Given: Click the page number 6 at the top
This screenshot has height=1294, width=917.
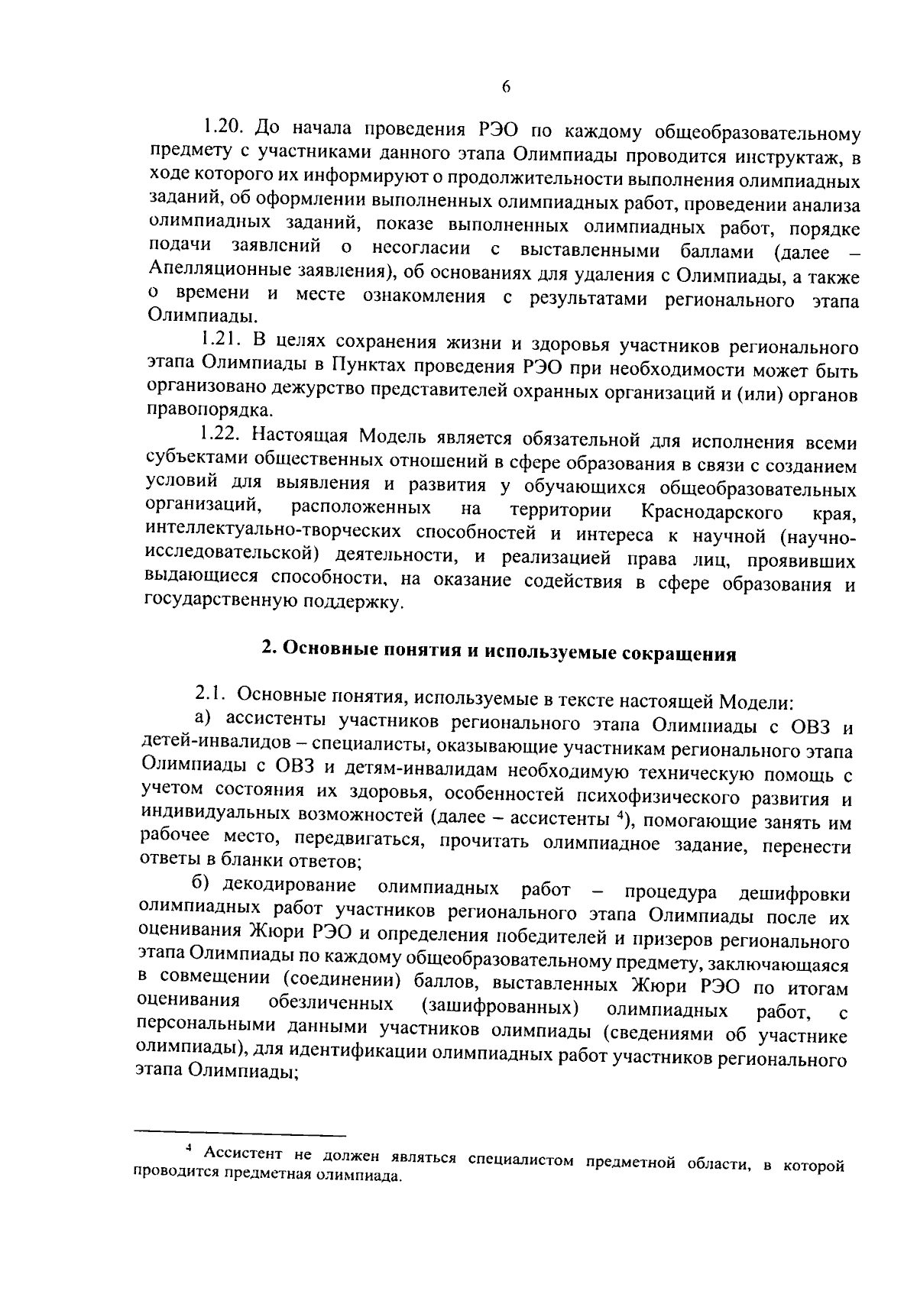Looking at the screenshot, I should (x=506, y=87).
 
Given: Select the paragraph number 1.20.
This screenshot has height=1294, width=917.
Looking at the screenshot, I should (x=223, y=125).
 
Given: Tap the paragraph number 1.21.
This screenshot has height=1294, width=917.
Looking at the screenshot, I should (x=221, y=339).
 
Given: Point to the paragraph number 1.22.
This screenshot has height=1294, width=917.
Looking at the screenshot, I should (x=221, y=435).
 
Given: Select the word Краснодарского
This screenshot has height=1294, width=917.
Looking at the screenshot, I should (x=711, y=510).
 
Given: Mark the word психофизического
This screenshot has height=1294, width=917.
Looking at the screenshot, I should (x=639, y=798).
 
